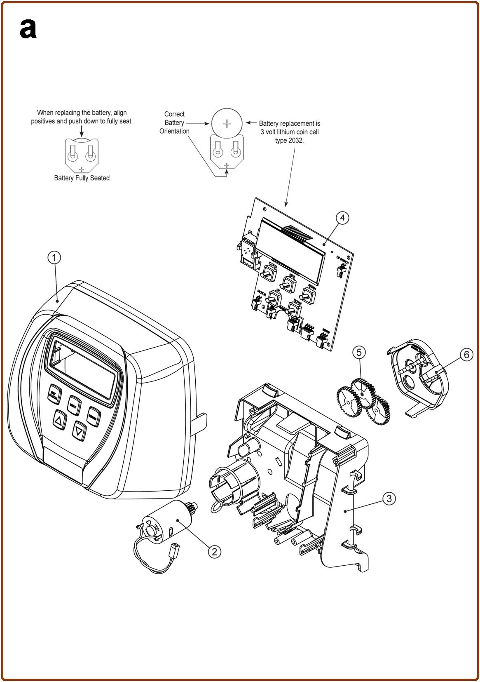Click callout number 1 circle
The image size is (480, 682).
coord(54,258)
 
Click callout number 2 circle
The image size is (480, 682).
coord(214,551)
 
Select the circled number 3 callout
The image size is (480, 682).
coord(389,498)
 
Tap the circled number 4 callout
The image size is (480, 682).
coord(343,218)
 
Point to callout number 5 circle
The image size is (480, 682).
coord(359,352)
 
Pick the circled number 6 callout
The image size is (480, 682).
coord(466,355)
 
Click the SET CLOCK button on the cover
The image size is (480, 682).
coord(54,395)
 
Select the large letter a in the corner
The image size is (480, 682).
coord(28,29)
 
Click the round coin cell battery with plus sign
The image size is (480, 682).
coord(226,123)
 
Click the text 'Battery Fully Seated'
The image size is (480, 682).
coord(82,178)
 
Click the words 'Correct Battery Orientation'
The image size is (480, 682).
coord(174,122)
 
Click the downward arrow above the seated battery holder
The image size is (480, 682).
coord(82,131)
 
